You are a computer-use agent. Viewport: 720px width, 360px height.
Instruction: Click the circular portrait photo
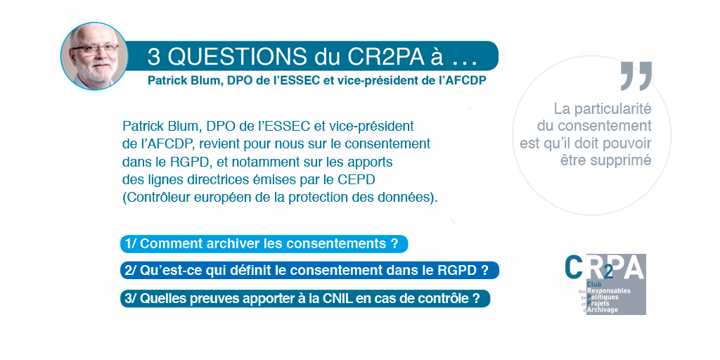pyautogui.click(x=94, y=56)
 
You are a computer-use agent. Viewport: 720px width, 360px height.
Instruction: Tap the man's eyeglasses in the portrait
pyautogui.click(x=96, y=49)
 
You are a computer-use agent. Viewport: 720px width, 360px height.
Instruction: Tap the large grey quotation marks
pyautogui.click(x=636, y=76)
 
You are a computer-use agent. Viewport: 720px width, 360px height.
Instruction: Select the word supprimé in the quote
pyautogui.click(x=629, y=160)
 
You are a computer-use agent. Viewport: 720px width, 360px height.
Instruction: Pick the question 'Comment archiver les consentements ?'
pyautogui.click(x=264, y=243)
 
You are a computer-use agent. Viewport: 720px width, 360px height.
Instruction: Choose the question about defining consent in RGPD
pyautogui.click(x=309, y=271)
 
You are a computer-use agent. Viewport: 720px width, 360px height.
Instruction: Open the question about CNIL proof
pyautogui.click(x=305, y=298)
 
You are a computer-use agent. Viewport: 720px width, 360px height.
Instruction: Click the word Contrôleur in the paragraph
pyautogui.click(x=153, y=198)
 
